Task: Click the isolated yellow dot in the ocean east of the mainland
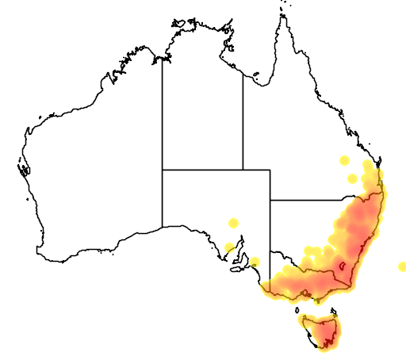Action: [x=402, y=266]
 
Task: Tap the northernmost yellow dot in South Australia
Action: [x=233, y=223]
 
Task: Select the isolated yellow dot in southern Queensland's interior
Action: [x=344, y=160]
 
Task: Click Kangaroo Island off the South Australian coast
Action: [x=237, y=268]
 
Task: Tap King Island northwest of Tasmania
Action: [x=297, y=310]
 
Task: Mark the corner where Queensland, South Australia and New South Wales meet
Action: [x=270, y=200]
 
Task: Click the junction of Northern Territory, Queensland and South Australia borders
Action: [x=243, y=170]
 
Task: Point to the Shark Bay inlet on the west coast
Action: [x=25, y=168]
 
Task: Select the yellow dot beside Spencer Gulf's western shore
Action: [x=229, y=247]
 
